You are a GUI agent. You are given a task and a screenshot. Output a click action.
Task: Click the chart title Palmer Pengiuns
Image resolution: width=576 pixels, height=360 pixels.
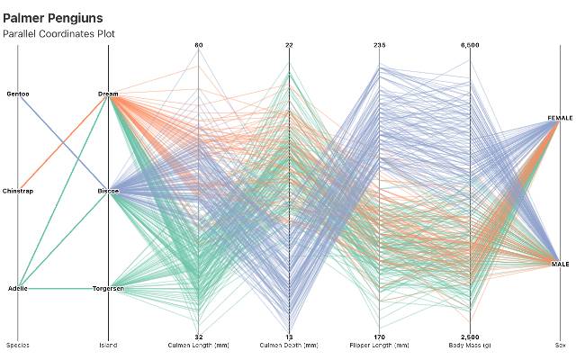pos(52,18)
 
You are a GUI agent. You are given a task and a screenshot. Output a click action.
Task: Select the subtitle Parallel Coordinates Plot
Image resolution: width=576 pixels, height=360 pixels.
pos(58,34)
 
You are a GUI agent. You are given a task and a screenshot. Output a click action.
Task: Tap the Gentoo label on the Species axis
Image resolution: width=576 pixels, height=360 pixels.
pos(18,94)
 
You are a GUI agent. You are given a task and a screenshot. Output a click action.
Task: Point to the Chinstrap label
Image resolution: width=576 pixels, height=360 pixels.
pos(18,191)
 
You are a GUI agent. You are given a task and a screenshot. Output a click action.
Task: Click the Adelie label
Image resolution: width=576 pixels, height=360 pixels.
pos(18,288)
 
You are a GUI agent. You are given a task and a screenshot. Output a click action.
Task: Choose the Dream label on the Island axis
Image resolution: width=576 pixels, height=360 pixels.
pos(108,94)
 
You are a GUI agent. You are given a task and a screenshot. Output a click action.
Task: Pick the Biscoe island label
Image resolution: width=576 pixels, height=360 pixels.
pos(108,191)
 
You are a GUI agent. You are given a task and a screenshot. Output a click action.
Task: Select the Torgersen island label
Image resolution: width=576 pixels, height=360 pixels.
pos(108,288)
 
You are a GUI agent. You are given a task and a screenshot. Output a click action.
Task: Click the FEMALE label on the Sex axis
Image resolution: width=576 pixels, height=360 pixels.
pos(560,119)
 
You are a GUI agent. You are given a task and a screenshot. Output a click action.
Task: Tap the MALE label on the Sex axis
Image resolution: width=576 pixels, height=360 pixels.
pos(560,264)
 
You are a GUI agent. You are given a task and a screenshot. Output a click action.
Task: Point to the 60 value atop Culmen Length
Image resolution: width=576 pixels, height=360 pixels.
pos(199,45)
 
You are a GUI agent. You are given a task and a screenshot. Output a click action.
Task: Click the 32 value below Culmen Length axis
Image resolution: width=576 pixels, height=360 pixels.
pos(199,337)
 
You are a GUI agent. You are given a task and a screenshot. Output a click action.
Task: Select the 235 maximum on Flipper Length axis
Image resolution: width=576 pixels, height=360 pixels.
pos(380,45)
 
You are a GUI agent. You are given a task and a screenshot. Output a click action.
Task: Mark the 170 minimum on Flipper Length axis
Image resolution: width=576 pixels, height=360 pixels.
pos(380,337)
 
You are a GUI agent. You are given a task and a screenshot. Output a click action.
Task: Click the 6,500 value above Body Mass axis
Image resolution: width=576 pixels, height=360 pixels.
pos(470,45)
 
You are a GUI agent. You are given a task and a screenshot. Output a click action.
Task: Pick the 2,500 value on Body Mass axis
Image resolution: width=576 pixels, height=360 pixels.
pos(470,337)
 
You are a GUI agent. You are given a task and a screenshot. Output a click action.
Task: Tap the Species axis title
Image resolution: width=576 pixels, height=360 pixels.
pos(18,346)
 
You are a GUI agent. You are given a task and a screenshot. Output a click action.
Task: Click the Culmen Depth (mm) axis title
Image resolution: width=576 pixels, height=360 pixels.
pos(289,346)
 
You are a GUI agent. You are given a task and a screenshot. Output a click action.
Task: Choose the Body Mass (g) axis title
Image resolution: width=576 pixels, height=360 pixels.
pos(470,346)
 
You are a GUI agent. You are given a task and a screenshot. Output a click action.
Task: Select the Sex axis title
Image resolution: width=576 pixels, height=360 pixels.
pos(560,346)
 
